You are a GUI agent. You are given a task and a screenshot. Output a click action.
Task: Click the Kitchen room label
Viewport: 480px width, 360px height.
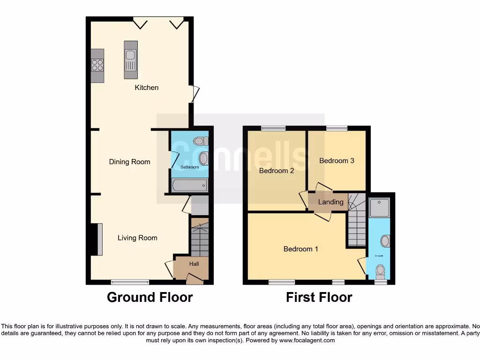(x=147, y=88)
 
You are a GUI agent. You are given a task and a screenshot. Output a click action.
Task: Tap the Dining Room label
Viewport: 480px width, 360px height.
(x=129, y=162)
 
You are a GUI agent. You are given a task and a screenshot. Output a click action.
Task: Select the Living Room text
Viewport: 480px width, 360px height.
(x=137, y=238)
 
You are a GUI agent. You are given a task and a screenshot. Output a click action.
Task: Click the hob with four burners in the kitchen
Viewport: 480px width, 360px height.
(x=97, y=65)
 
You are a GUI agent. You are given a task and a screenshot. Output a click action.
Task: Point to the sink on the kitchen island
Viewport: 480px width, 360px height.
(x=130, y=59)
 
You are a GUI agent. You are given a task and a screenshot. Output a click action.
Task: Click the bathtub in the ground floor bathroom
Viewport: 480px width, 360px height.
(x=189, y=186)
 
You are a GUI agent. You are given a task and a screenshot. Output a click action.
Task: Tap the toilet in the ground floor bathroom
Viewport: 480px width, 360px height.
(x=201, y=141)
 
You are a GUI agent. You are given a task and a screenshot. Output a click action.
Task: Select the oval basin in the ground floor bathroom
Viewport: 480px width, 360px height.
(x=203, y=158)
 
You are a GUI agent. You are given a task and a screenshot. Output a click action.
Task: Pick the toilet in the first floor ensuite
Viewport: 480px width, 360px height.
(x=381, y=271)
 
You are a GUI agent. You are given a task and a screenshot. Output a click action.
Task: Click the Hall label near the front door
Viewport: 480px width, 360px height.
(x=194, y=264)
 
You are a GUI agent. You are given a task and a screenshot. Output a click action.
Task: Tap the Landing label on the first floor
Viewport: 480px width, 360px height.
(x=331, y=202)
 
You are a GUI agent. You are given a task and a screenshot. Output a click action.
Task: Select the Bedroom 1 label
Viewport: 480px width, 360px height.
(x=301, y=249)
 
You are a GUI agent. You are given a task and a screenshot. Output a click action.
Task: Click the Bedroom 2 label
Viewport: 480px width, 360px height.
(x=277, y=171)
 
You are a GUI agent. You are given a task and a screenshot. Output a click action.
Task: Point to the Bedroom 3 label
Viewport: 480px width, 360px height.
(x=337, y=160)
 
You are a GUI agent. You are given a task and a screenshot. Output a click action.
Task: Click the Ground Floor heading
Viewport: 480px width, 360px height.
(x=150, y=297)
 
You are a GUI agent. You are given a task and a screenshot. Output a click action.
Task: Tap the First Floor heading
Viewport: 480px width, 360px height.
(x=319, y=297)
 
